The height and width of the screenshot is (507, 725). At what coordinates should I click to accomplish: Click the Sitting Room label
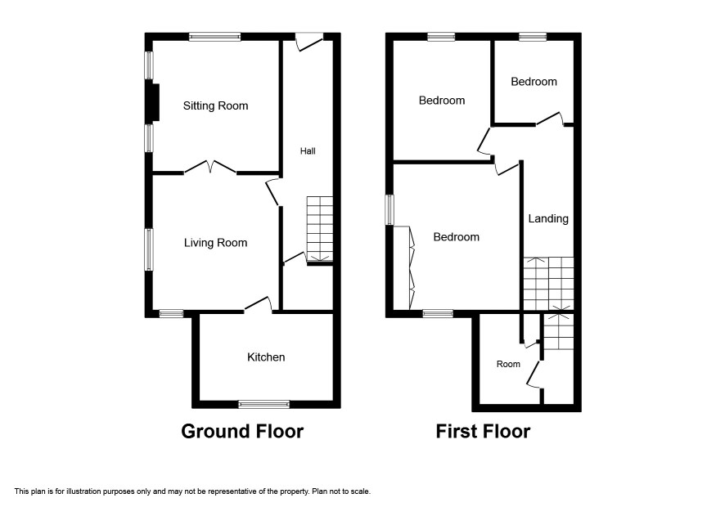pyautogui.click(x=215, y=105)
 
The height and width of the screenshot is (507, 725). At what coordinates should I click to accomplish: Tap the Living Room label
pyautogui.click(x=215, y=243)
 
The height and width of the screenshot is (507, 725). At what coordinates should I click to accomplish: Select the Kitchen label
pyautogui.click(x=266, y=357)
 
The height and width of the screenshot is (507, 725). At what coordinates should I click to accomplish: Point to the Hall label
pyautogui.click(x=308, y=150)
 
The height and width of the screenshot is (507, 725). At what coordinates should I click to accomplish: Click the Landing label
pyautogui.click(x=548, y=218)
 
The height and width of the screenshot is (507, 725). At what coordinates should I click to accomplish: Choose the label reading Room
pyautogui.click(x=508, y=364)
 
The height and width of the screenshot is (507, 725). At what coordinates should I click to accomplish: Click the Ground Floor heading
pyautogui.click(x=242, y=431)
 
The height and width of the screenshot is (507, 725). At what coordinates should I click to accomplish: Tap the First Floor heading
pyautogui.click(x=483, y=431)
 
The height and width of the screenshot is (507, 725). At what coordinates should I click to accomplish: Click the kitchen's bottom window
pyautogui.click(x=264, y=405)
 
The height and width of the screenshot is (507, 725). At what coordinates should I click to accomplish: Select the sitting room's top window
pyautogui.click(x=214, y=37)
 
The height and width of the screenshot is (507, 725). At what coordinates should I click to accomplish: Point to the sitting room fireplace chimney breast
pyautogui.click(x=153, y=102)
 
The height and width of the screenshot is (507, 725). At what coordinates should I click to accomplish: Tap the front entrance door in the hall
pyautogui.click(x=308, y=41)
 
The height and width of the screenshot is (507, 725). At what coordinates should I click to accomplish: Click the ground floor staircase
pyautogui.click(x=319, y=230)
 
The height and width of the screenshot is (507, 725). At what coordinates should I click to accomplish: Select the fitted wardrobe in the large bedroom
pyautogui.click(x=403, y=267)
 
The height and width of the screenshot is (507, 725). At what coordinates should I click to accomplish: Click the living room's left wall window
pyautogui.click(x=150, y=249)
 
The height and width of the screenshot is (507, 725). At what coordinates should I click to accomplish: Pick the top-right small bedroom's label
pyautogui.click(x=534, y=82)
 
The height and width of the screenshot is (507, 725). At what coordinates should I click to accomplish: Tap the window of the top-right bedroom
pyautogui.click(x=533, y=37)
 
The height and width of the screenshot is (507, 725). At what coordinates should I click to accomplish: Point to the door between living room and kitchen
pyautogui.click(x=259, y=304)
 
